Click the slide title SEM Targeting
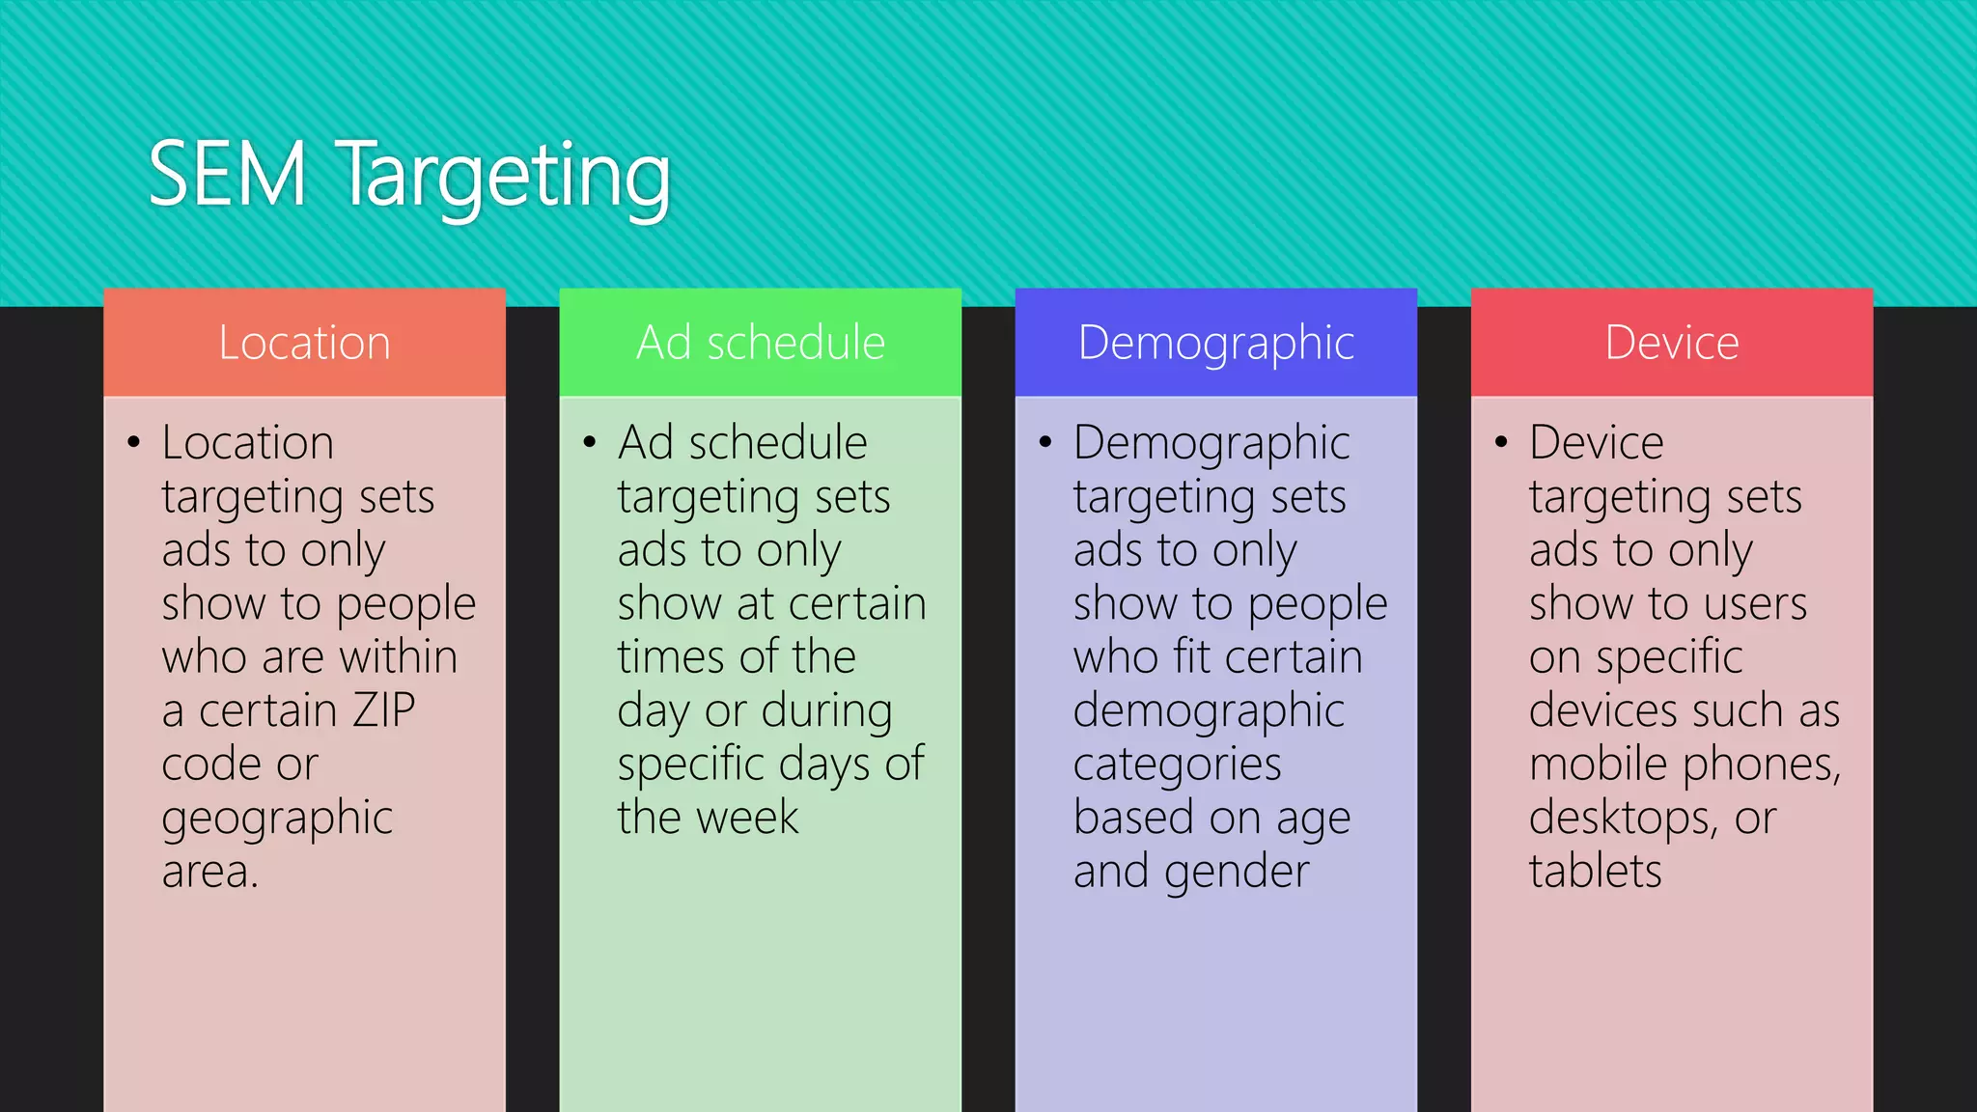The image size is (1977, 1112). [x=409, y=177]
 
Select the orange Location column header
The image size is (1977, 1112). [x=304, y=343]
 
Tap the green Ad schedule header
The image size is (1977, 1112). [x=761, y=343]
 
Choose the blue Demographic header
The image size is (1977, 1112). [x=1216, y=343]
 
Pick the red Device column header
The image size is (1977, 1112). [x=1672, y=343]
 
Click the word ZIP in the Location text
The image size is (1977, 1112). [x=384, y=710]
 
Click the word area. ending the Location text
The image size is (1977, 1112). [x=209, y=872]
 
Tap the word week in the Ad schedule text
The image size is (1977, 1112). [x=748, y=818]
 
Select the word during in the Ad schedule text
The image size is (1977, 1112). [x=826, y=711]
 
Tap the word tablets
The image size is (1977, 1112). [x=1595, y=872]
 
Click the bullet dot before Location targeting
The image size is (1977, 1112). [x=134, y=443]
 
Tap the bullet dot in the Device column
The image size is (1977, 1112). [x=1501, y=443]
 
